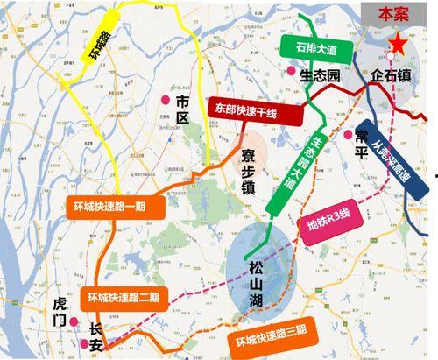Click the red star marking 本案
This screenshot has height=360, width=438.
click(399, 41)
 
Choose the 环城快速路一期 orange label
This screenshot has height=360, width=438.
click(111, 208)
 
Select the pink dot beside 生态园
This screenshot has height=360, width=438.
click(291, 72)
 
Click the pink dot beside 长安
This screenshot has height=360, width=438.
click(85, 344)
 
